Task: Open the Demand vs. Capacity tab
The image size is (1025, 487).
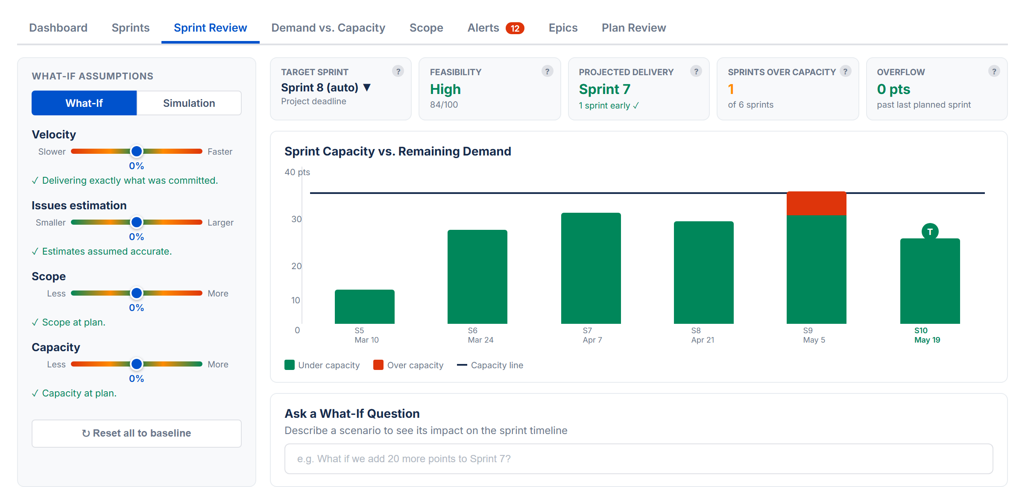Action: click(x=328, y=28)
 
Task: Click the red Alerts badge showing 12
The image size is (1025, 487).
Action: click(x=515, y=28)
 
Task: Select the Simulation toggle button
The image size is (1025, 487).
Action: click(x=189, y=103)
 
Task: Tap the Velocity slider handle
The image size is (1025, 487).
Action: click(x=137, y=151)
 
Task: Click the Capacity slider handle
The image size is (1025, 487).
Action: click(x=137, y=364)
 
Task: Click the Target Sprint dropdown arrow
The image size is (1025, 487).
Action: click(x=367, y=88)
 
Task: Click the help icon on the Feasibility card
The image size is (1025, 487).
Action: click(x=547, y=71)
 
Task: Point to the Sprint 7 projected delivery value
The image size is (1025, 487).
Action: click(x=604, y=89)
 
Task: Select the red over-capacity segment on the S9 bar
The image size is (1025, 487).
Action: click(x=816, y=203)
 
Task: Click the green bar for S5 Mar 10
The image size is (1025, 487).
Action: click(x=364, y=307)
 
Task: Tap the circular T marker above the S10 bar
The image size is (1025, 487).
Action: click(x=930, y=232)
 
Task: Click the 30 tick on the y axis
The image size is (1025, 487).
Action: click(x=296, y=219)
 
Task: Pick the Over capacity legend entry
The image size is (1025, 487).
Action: click(x=408, y=365)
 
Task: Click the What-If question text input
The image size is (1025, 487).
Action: click(x=638, y=458)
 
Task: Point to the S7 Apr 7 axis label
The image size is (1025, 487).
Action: click(x=592, y=335)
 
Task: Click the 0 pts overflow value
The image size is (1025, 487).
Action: click(x=893, y=89)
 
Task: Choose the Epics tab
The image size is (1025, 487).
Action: click(x=563, y=28)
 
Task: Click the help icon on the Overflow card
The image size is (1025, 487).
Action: click(x=994, y=71)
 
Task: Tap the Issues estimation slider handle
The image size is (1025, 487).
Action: click(x=137, y=222)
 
